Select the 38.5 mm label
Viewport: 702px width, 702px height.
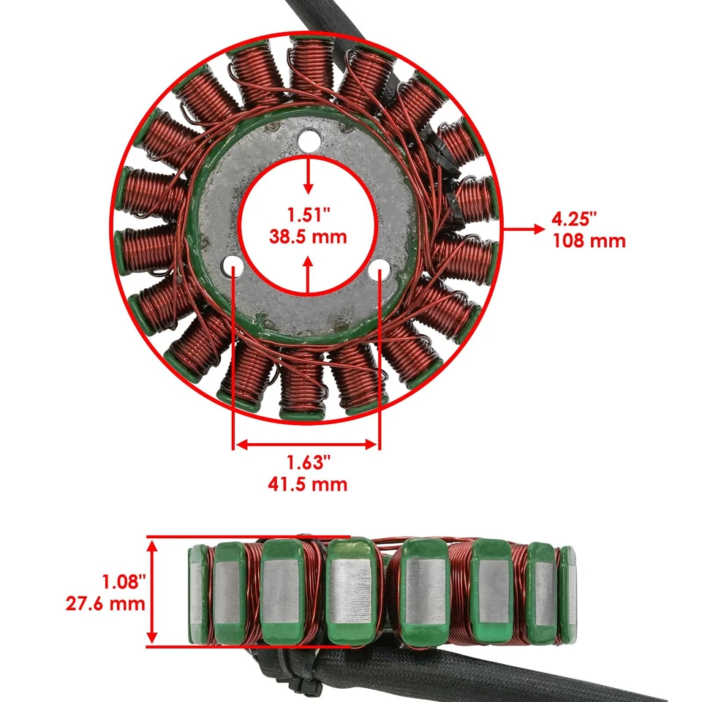click(x=309, y=238)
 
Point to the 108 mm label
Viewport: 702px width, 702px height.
click(x=589, y=240)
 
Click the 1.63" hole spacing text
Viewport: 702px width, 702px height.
click(x=309, y=462)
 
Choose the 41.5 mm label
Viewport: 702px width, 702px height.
click(x=307, y=484)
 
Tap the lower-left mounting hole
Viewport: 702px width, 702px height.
click(x=233, y=265)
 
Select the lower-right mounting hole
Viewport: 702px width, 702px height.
click(x=380, y=269)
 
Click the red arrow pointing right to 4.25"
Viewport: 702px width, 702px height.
click(x=520, y=228)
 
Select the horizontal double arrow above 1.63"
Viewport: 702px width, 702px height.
click(x=307, y=444)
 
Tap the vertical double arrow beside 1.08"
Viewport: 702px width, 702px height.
click(x=154, y=592)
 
